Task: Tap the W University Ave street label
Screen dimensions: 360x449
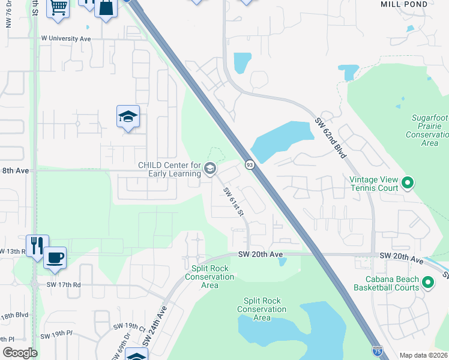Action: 65,38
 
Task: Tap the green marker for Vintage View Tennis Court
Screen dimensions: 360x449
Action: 408,182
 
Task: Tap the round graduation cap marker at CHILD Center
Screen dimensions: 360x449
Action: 209,168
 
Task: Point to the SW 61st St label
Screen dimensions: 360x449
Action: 234,202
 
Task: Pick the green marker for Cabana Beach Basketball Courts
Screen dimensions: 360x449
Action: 428,282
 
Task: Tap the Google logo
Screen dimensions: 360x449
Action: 20,353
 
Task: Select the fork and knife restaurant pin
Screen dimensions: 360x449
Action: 36,245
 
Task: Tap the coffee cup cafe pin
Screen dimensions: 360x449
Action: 55,257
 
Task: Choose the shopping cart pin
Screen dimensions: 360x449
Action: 58,8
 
